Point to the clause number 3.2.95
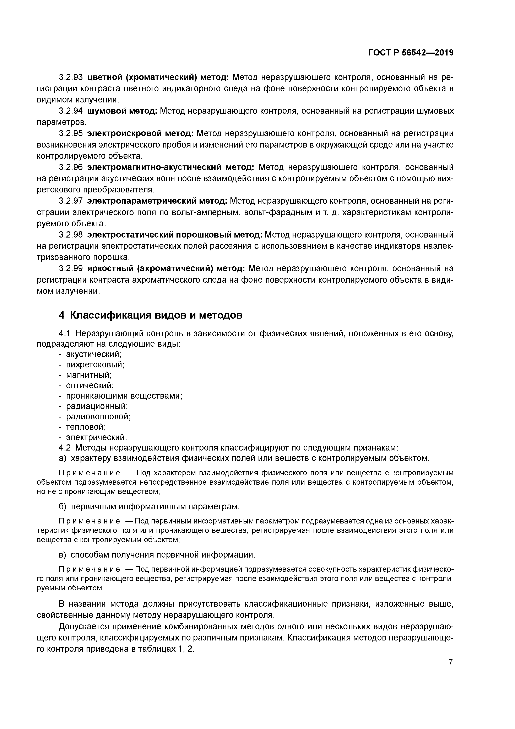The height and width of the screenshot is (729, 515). click(71, 133)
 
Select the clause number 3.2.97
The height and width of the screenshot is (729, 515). click(71, 201)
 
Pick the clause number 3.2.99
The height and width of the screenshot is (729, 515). click(71, 269)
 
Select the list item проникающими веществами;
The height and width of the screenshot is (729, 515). click(124, 396)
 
